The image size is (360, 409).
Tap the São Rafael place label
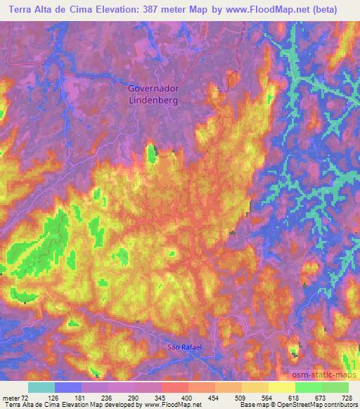point(179,347)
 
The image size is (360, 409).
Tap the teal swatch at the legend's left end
point(41,387)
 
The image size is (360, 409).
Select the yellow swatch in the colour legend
point(282,387)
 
